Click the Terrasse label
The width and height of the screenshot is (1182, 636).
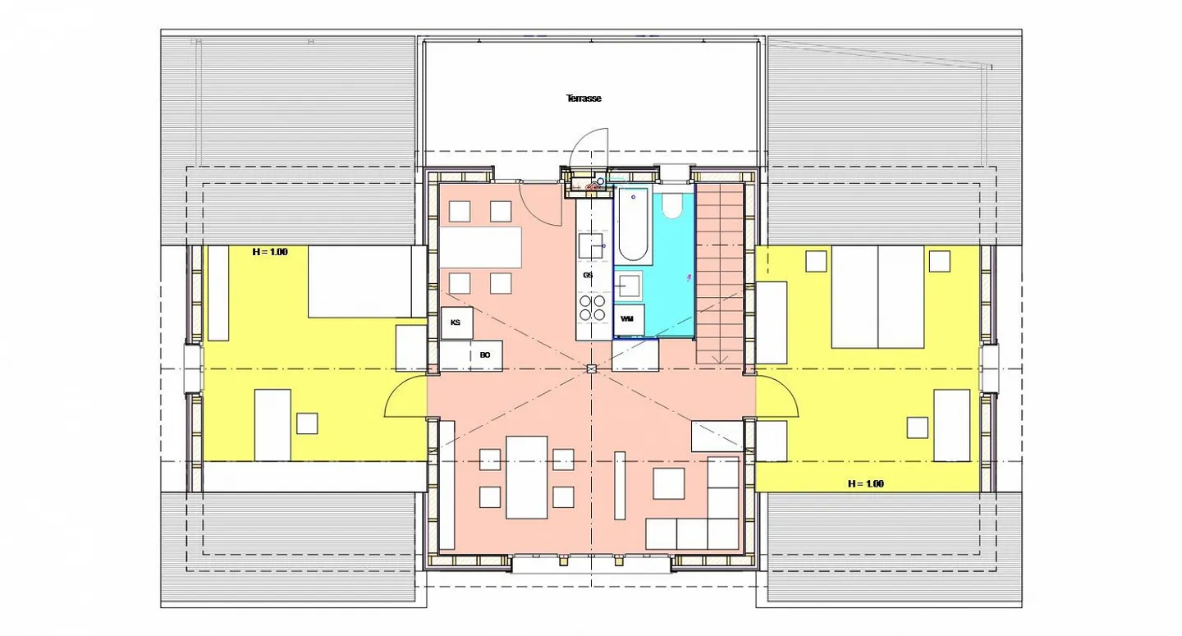584,98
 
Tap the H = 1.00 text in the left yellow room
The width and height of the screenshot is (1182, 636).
269,252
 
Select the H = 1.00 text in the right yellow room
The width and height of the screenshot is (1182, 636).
865,483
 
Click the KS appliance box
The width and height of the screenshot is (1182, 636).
456,323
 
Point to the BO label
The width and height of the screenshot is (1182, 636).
485,355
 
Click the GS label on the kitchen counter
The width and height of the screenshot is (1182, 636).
588,275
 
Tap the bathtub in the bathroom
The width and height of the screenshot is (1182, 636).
633,226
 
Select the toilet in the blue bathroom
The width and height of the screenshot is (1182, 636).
671,206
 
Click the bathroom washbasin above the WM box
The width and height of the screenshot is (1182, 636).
629,286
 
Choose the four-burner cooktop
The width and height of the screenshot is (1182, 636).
592,308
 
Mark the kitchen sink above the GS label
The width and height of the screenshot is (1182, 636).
591,245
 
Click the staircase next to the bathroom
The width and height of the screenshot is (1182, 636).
719,273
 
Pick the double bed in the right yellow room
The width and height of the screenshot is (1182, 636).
878,297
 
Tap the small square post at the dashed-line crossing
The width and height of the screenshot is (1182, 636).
592,368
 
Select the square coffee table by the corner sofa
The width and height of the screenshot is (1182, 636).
668,483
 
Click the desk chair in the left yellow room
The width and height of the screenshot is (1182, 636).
307,423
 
